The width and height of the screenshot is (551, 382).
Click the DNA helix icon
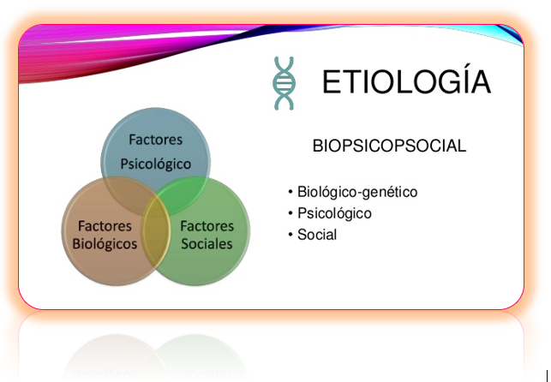[x=284, y=83]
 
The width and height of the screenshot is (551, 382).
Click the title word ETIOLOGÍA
[x=406, y=82]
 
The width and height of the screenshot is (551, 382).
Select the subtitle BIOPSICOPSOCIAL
[x=389, y=146]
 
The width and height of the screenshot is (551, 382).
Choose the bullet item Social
[x=317, y=235]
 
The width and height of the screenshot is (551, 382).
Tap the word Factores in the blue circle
[x=155, y=140]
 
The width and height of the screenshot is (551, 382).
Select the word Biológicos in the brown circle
[x=105, y=243]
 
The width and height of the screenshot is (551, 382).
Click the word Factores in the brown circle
[x=105, y=226]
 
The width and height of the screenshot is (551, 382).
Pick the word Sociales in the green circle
[x=207, y=243]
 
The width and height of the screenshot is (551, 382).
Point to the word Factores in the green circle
[x=207, y=226]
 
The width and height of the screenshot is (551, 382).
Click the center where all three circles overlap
[x=156, y=206]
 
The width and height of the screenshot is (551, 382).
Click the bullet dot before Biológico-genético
[x=291, y=193]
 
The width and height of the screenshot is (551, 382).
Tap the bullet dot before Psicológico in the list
[x=291, y=214]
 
